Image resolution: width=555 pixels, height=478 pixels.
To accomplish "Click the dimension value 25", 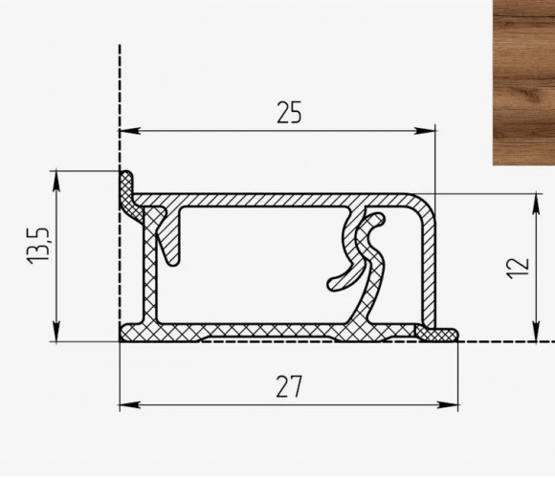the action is [289, 113].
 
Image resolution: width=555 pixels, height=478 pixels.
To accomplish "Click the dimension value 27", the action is [289, 387].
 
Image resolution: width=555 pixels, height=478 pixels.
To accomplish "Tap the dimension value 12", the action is [519, 269].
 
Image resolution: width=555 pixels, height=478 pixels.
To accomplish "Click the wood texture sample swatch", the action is [524, 82].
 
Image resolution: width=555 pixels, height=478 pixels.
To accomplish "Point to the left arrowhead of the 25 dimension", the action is [129, 131].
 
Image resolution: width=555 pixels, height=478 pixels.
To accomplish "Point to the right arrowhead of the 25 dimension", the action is [425, 131].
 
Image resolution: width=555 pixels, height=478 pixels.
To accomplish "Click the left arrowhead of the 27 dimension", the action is [129, 404].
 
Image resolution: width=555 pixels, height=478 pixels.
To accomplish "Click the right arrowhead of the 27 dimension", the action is [448, 404].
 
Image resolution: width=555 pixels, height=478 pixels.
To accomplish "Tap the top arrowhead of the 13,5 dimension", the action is [56, 181].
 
